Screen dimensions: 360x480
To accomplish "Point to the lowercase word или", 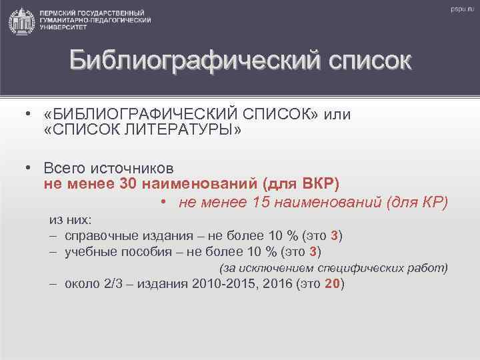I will coord(337,114).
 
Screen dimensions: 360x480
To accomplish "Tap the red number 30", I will coord(128,183).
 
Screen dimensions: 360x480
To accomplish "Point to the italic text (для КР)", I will coord(417,202).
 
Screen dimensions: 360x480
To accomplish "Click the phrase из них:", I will coord(71,219).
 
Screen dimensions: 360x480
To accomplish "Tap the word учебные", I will coord(89,251).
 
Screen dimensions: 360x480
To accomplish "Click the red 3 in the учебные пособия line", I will coord(314,251).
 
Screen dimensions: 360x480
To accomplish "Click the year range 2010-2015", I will coord(217,283).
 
